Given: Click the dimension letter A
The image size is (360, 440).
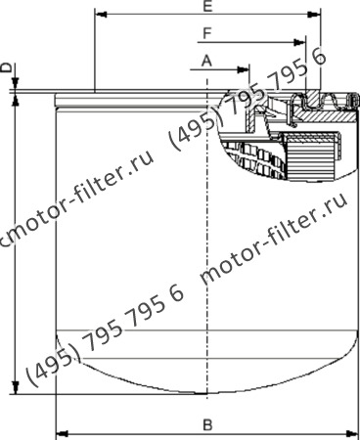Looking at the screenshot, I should pos(206,61).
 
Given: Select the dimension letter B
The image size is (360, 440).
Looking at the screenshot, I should pos(206,423).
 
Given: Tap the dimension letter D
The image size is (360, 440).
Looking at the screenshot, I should pos(7,67).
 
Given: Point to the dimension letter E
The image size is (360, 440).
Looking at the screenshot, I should pos(206,7).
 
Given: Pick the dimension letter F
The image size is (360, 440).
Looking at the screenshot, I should pos(206,33).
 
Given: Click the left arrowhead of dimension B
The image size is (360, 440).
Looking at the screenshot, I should pos(61,431).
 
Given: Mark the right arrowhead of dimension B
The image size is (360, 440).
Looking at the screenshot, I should pos(351,431).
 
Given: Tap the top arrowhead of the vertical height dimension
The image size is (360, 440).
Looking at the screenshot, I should pos(15,99).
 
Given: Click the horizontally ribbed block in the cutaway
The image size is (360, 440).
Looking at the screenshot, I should pos(314,151).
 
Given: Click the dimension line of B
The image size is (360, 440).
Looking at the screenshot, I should pos(147,431).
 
